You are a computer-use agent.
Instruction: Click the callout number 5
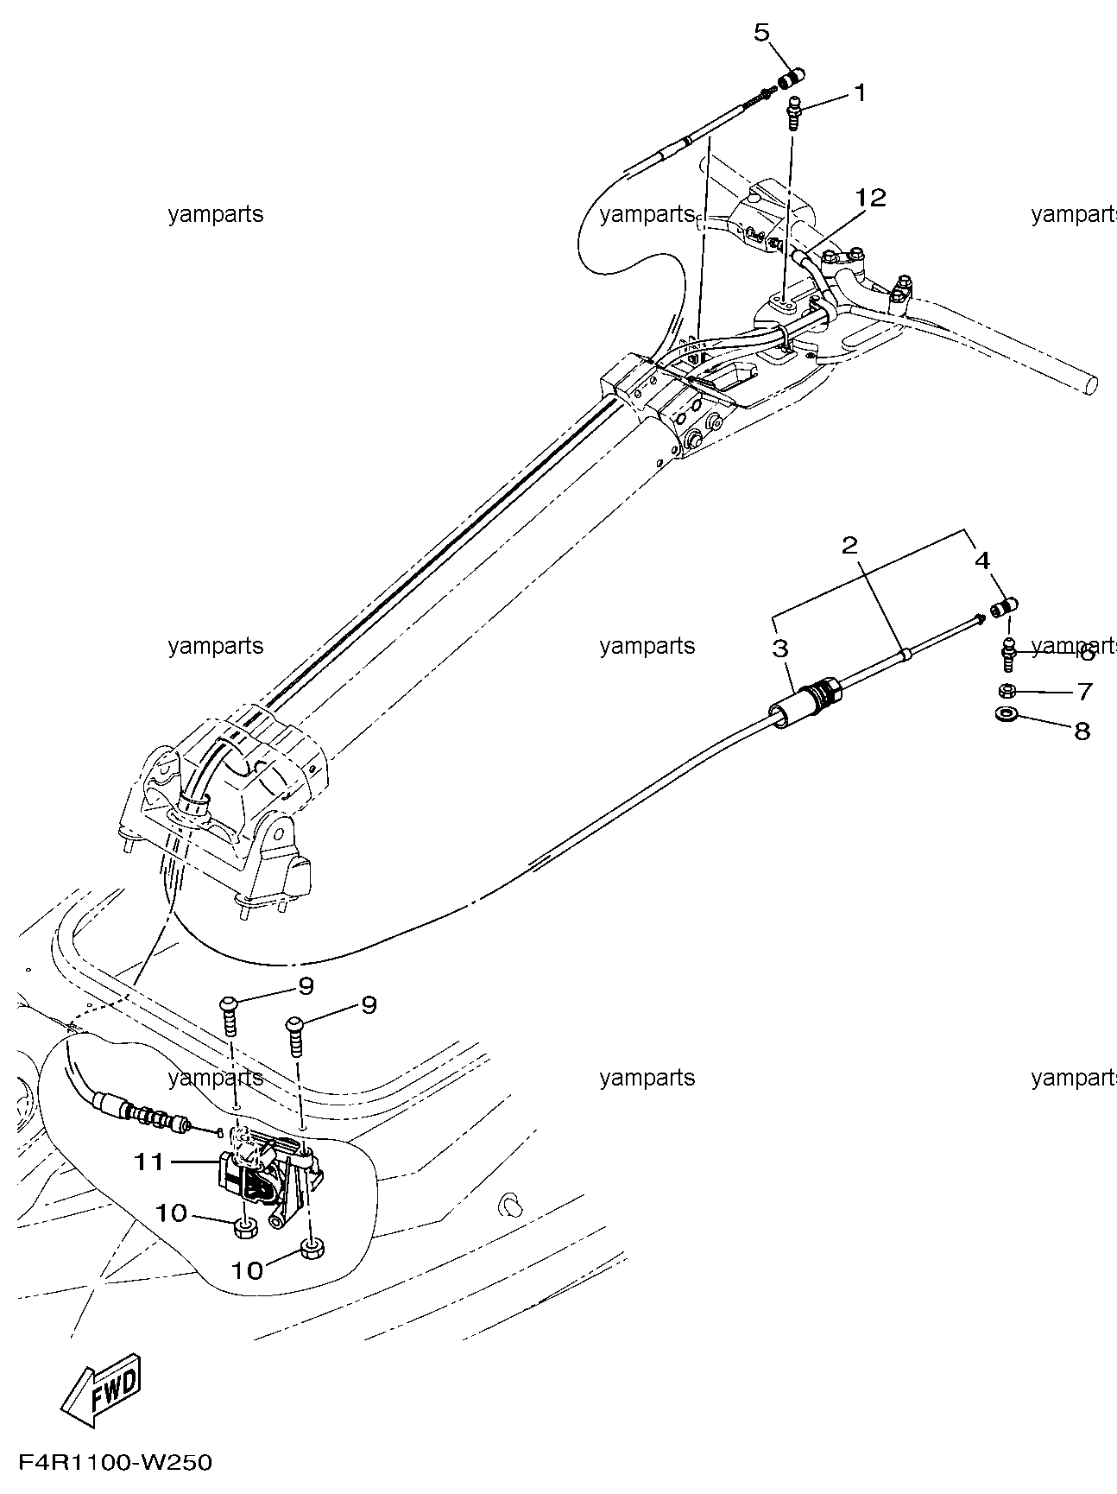(x=761, y=34)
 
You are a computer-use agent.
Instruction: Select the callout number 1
(x=860, y=92)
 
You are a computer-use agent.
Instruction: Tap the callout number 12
(x=871, y=198)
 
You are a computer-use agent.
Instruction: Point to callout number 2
(x=850, y=545)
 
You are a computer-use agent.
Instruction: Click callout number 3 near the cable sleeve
(x=780, y=649)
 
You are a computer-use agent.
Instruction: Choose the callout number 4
(x=982, y=560)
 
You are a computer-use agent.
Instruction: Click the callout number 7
(x=1084, y=692)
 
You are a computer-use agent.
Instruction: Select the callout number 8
(x=1082, y=731)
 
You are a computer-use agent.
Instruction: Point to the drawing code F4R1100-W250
(x=108, y=1463)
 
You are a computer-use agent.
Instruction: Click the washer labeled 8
(x=1006, y=715)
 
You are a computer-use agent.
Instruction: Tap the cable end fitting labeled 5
(x=788, y=79)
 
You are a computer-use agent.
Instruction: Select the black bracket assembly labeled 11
(x=269, y=1174)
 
